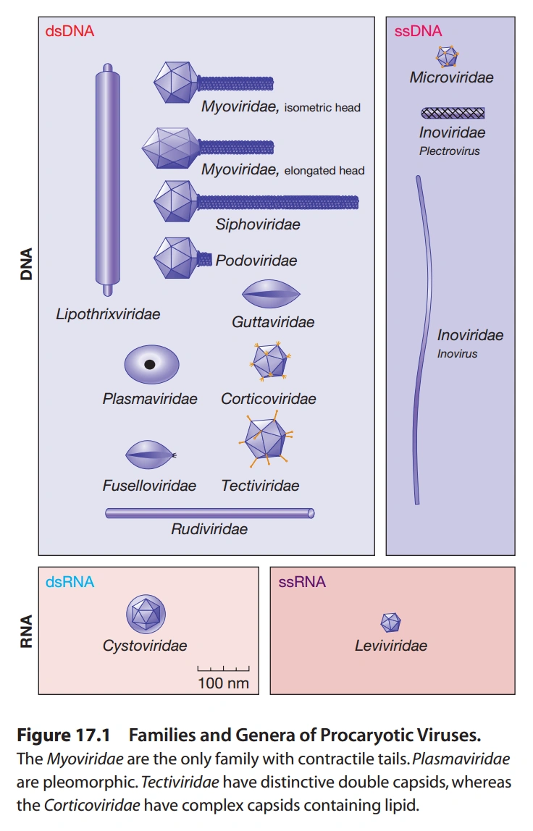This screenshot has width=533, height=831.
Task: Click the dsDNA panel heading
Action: (x=70, y=32)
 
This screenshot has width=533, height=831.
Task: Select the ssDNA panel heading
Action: (x=418, y=32)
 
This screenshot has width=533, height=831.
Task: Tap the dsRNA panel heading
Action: (x=70, y=582)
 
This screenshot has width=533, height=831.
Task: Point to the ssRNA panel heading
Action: (x=302, y=582)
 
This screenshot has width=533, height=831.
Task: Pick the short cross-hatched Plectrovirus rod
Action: (x=453, y=112)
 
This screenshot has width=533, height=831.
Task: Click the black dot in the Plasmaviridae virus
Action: (x=150, y=365)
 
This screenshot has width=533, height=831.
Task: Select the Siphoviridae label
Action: (x=257, y=225)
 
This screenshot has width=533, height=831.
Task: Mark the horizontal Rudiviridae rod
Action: (x=210, y=513)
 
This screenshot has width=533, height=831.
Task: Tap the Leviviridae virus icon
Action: (x=391, y=621)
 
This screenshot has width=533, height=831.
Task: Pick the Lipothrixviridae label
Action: (x=108, y=314)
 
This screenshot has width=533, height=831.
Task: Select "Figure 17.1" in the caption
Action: (x=62, y=736)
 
